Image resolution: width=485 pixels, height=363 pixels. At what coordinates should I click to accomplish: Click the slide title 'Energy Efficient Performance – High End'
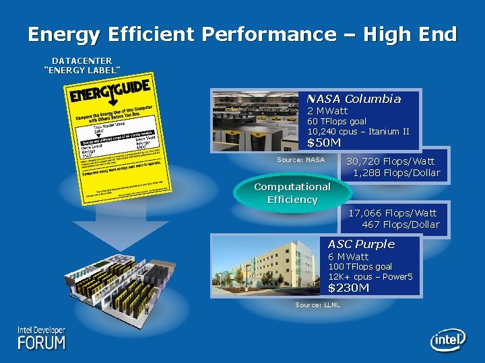click(243, 34)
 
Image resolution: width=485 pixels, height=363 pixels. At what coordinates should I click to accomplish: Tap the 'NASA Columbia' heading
click(354, 99)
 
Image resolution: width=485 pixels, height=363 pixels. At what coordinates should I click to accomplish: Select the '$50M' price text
click(324, 143)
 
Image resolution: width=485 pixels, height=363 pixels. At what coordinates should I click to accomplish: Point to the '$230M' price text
click(348, 288)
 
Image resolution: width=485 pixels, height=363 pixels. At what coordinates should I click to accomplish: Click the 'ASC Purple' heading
click(361, 244)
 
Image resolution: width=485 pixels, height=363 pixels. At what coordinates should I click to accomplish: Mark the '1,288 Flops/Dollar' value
click(396, 173)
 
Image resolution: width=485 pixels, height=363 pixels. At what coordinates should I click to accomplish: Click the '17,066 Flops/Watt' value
click(393, 213)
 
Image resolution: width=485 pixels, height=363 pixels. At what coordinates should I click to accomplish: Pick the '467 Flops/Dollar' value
click(400, 225)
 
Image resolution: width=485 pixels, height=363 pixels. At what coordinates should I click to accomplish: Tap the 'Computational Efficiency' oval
click(292, 193)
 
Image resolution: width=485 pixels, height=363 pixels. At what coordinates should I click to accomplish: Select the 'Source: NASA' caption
click(300, 159)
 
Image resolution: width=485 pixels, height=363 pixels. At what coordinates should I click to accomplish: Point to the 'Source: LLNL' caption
click(317, 305)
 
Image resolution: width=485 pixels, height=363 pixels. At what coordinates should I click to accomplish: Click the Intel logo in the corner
click(447, 339)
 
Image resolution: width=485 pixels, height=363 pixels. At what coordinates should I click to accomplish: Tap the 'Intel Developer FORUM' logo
click(42, 338)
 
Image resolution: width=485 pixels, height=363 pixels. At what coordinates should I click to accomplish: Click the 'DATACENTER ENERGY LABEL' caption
click(82, 65)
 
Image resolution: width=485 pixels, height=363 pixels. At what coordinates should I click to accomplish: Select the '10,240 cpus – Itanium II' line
click(358, 131)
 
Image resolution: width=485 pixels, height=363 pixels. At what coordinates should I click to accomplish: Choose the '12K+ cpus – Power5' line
click(370, 276)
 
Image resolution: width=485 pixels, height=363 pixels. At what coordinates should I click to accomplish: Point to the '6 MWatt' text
click(348, 257)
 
